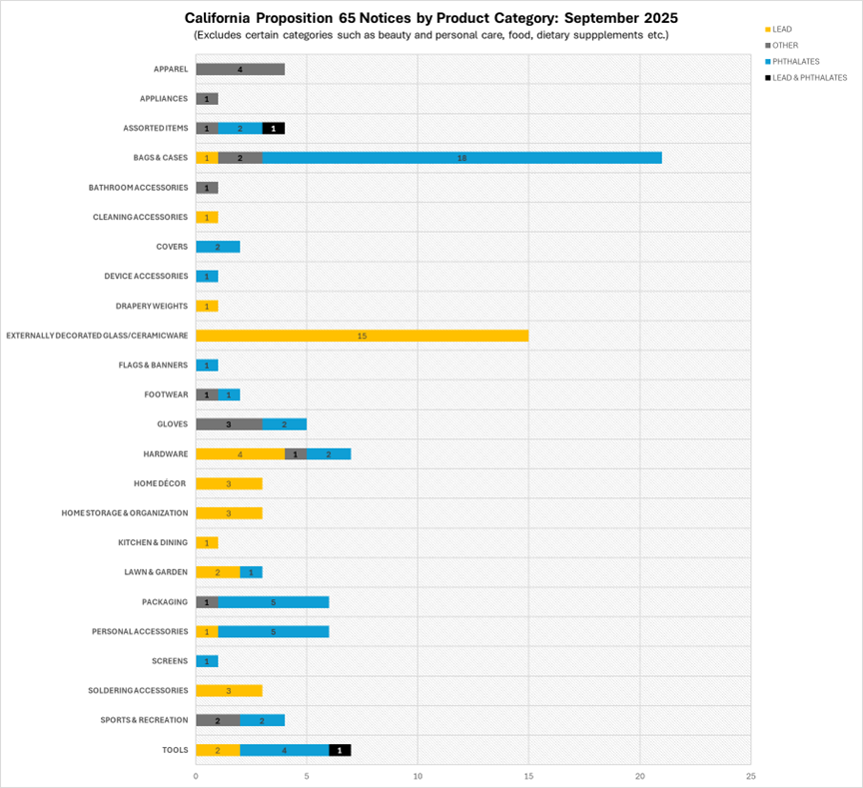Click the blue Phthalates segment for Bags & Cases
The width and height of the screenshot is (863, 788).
[x=461, y=158]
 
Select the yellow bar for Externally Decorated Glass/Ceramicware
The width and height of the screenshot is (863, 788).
[x=362, y=336]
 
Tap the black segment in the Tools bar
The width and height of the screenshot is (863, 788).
[x=340, y=750]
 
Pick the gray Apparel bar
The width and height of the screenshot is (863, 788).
[x=240, y=69]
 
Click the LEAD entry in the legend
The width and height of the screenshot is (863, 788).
[x=784, y=29]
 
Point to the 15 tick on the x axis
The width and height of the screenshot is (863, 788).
[x=528, y=774]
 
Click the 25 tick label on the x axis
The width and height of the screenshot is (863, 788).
[x=750, y=774]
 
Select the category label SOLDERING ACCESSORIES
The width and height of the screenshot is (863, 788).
[x=138, y=691]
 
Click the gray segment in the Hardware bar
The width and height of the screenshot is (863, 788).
[x=296, y=454]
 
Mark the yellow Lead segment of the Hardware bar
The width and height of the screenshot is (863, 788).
[x=240, y=454]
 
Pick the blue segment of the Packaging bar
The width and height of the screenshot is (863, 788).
[x=273, y=602]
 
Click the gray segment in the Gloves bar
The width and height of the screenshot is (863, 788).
[x=229, y=424]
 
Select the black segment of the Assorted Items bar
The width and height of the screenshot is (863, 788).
[x=274, y=128]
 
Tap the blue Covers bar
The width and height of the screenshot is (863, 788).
[x=218, y=247]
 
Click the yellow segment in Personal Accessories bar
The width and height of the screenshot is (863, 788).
[x=207, y=632]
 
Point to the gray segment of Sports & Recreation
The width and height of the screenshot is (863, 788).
[x=218, y=720]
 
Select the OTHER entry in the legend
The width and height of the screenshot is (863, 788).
[x=785, y=45]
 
